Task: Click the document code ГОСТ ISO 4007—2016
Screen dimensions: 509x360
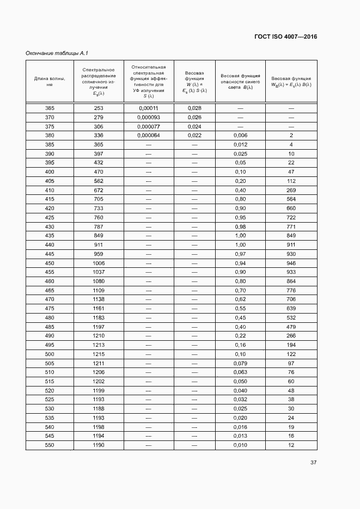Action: coord(285,37)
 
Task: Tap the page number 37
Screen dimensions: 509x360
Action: coord(313,463)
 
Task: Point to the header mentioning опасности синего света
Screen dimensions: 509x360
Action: coord(240,82)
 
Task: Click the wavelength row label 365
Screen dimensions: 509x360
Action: coord(50,108)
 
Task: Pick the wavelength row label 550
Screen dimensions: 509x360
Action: coord(50,445)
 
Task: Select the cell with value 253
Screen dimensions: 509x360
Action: coord(99,108)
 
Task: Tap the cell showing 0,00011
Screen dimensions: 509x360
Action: coord(149,108)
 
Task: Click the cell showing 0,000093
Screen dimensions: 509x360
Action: coord(149,118)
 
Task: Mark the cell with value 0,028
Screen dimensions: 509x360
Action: coord(194,108)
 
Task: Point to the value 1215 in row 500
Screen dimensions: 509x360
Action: coord(99,354)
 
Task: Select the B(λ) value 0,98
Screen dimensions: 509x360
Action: coord(240,226)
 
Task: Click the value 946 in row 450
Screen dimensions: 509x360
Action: coord(291,263)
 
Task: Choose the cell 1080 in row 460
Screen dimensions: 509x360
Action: coord(99,281)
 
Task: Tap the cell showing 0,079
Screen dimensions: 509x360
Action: coord(240,363)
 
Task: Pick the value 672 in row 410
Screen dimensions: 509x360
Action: coord(99,191)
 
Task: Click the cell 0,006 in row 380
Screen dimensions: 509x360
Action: coord(240,136)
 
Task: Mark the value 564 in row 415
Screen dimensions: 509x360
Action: coord(291,199)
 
